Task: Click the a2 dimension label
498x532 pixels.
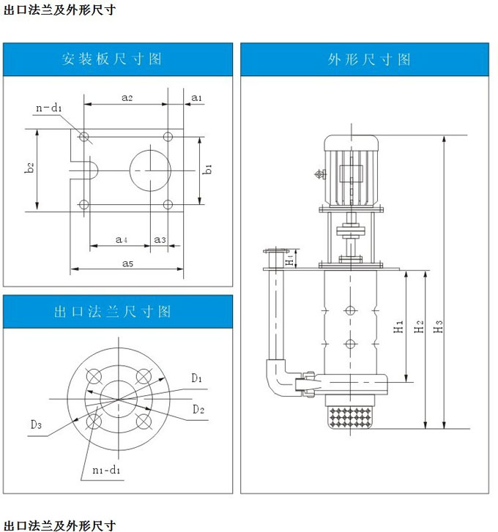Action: [x=126, y=97]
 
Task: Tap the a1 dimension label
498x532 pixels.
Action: [x=196, y=97]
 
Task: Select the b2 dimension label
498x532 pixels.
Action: [x=30, y=168]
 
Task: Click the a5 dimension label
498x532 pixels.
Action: [x=127, y=262]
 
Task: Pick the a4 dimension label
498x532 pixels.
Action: [x=122, y=239]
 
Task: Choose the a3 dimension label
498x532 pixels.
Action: [x=160, y=239]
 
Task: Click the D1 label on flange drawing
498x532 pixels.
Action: [x=197, y=378]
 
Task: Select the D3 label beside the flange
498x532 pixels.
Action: [x=36, y=424]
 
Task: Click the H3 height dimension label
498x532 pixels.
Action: [x=439, y=329]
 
